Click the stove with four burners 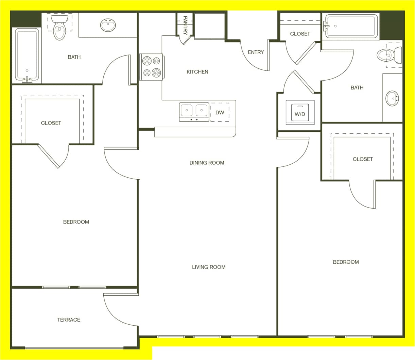click(152, 67)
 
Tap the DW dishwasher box click(220, 112)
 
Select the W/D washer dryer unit click(300, 113)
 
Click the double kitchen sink click(194, 112)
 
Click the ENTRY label click(256, 52)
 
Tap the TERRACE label click(69, 320)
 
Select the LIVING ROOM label click(209, 267)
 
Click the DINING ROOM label click(207, 163)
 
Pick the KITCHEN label click(197, 72)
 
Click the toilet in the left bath click(59, 27)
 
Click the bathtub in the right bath click(351, 26)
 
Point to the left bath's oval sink click(108, 25)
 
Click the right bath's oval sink click(392, 98)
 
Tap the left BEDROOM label click(76, 222)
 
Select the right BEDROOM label click(346, 262)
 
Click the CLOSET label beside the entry click(300, 34)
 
